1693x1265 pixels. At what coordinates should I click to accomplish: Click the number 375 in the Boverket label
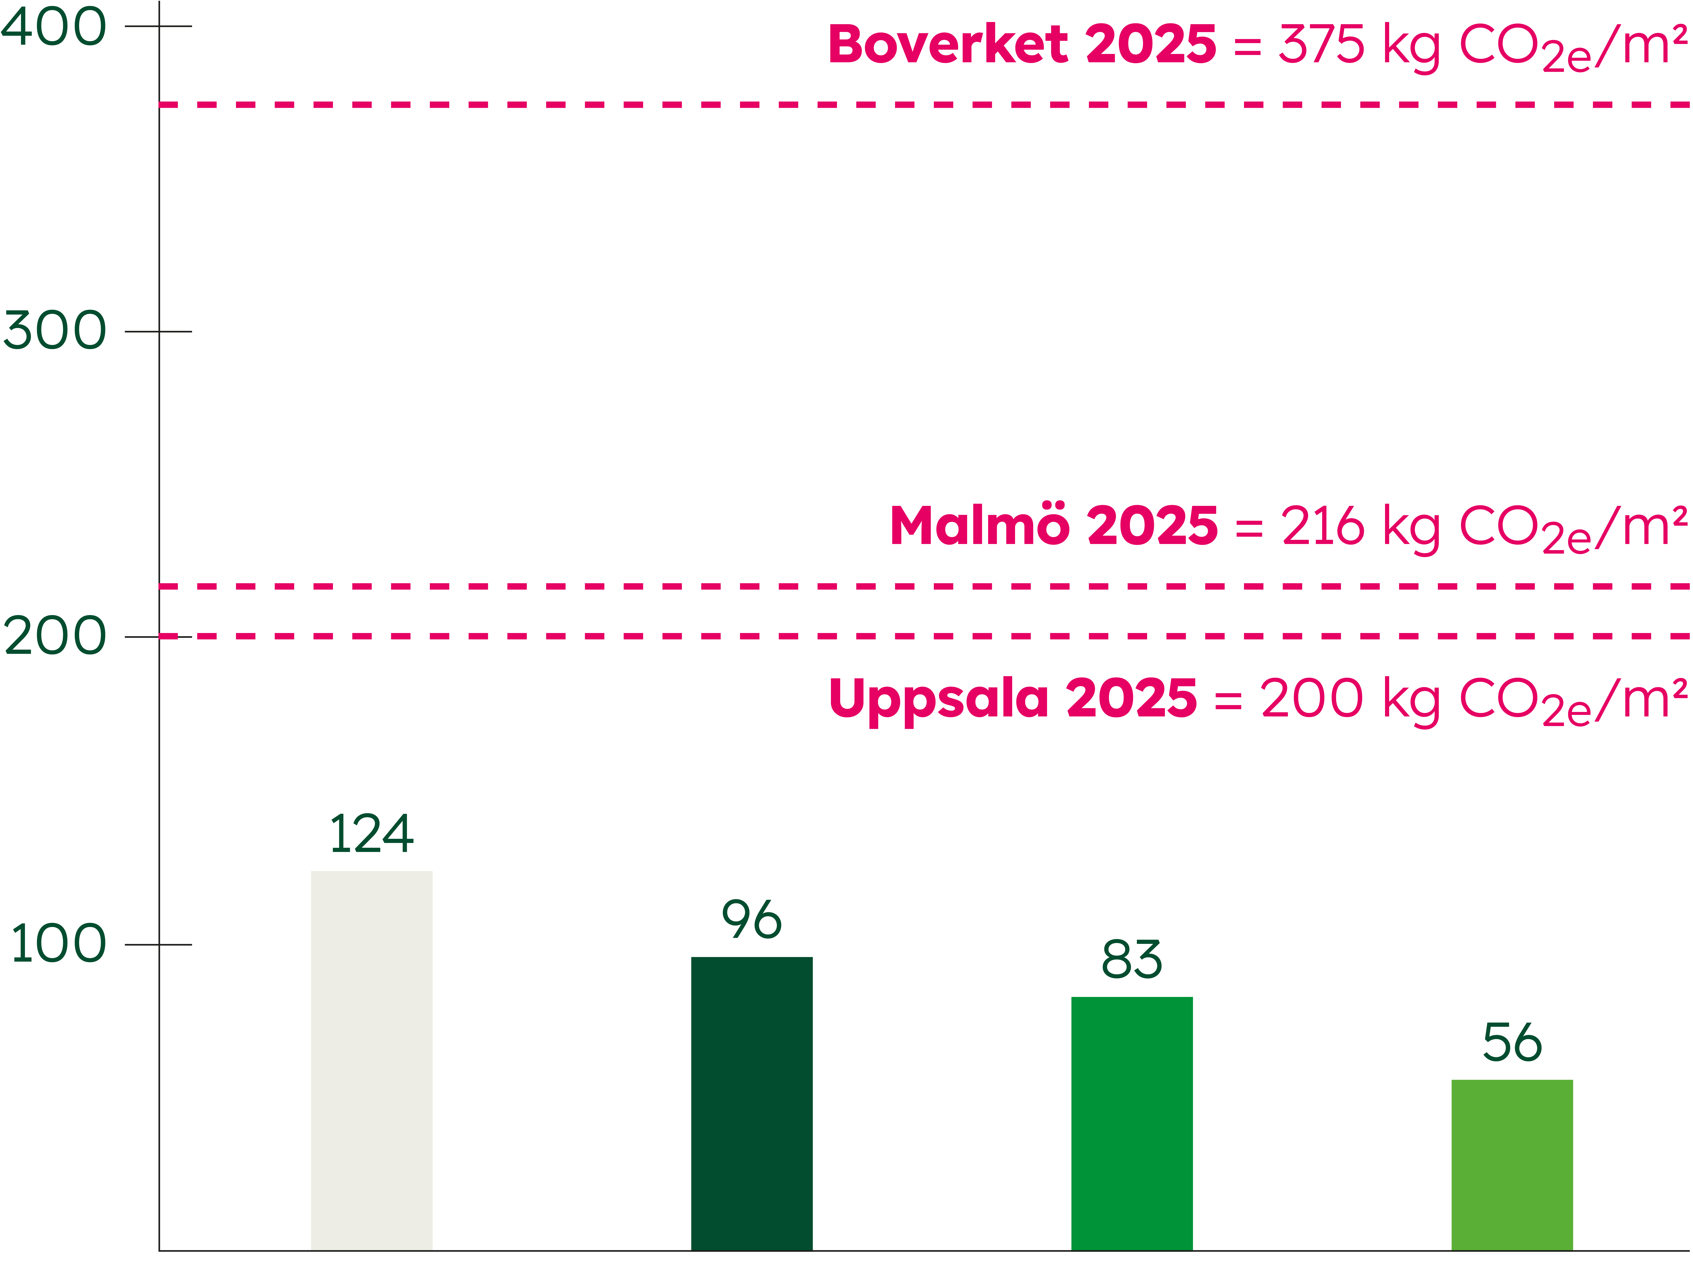coord(1322,44)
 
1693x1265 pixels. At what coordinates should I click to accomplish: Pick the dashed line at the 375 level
coord(925,104)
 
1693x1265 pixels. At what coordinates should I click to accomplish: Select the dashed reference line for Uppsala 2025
coord(925,636)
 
